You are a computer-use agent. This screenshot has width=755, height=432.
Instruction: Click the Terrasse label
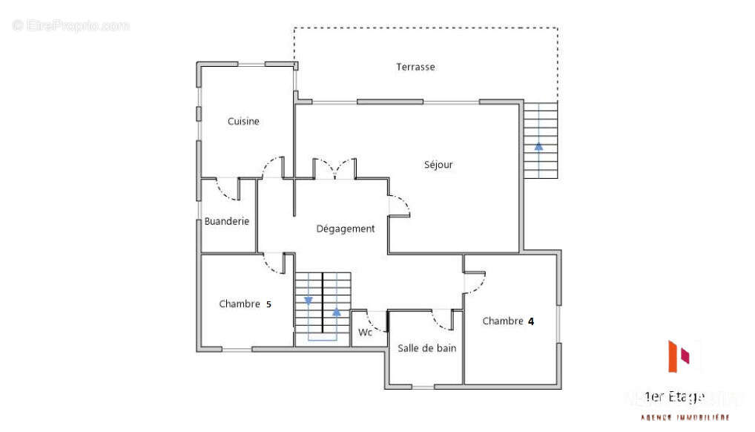tap(415, 67)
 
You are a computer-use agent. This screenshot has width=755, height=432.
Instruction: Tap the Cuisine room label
tap(243, 121)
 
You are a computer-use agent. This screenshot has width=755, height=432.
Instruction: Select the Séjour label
tap(438, 165)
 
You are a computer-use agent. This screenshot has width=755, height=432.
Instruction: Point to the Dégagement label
tap(346, 229)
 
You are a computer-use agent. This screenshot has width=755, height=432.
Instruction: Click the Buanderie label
tap(227, 221)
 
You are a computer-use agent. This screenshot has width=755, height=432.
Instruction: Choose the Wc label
tap(365, 333)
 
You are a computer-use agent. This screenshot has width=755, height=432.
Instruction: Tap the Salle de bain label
tap(426, 348)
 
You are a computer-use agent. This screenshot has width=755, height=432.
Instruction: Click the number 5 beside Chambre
tap(268, 304)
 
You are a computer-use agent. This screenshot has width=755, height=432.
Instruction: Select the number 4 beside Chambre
tap(531, 321)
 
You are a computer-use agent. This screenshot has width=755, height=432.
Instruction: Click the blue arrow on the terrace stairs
tap(538, 146)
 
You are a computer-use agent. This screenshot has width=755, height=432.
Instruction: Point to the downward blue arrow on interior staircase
tap(309, 300)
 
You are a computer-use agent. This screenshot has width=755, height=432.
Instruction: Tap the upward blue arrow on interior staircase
tap(337, 312)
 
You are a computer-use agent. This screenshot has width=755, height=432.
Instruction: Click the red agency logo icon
tap(679, 356)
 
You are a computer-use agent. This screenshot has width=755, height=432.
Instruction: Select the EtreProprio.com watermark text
tap(71, 26)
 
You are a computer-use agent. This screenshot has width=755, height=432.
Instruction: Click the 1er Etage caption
tap(674, 396)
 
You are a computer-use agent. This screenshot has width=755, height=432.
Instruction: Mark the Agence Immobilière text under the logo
tap(685, 418)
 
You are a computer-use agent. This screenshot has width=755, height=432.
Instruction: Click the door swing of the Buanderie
tap(226, 190)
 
